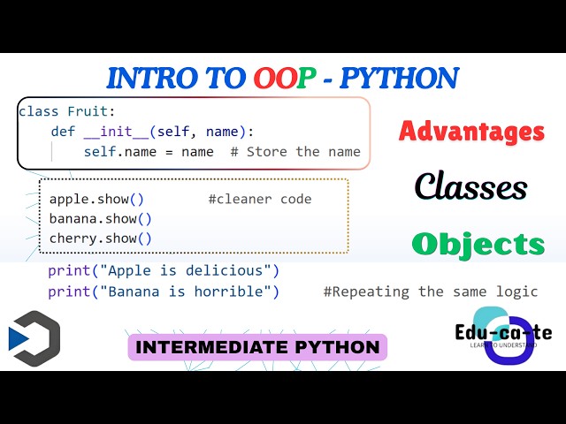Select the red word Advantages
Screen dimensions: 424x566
(471, 132)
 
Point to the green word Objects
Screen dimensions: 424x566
(478, 244)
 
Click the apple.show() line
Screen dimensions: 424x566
(96, 200)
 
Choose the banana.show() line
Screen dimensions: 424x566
(100, 219)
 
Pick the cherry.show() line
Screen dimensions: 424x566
(100, 238)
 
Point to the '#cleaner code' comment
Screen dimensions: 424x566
(260, 200)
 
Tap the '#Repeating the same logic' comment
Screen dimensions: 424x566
(430, 291)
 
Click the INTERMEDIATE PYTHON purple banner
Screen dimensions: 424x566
(258, 347)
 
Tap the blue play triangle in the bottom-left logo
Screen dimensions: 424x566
(18, 339)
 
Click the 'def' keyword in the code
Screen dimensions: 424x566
(62, 132)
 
